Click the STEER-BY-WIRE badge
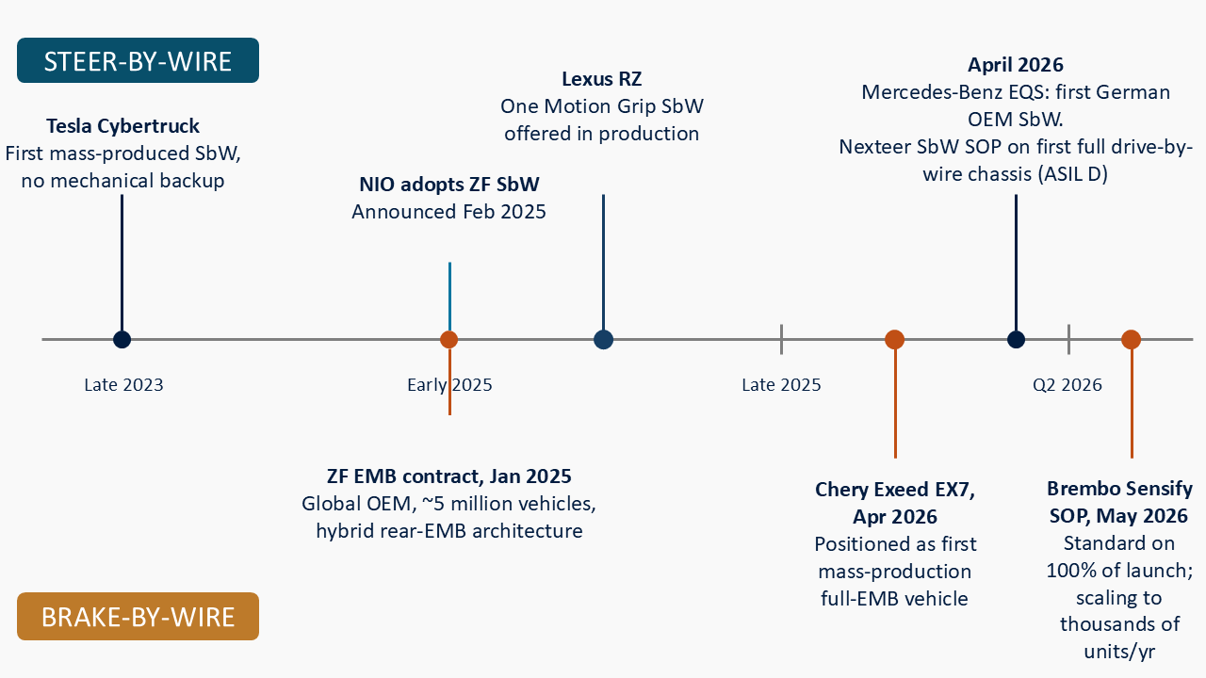pos(138,60)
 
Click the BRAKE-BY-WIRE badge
pos(138,616)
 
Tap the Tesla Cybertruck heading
pos(122,126)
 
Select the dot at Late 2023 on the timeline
pos(122,340)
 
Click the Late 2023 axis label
pos(123,385)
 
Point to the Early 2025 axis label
pos(449,385)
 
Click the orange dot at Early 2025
pos(449,340)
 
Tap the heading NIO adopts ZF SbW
pos(449,184)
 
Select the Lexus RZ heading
pos(602,79)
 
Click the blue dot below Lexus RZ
pos(604,340)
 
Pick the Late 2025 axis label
pos(781,385)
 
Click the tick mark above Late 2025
pos(781,339)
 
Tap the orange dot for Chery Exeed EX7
pos(895,340)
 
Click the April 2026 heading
pos(1016,65)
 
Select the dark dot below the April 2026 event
pos(1016,340)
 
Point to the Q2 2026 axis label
pos(1067,385)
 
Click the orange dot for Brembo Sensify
pos(1132,340)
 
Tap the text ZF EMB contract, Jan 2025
pos(449,476)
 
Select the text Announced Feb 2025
pos(449,212)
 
